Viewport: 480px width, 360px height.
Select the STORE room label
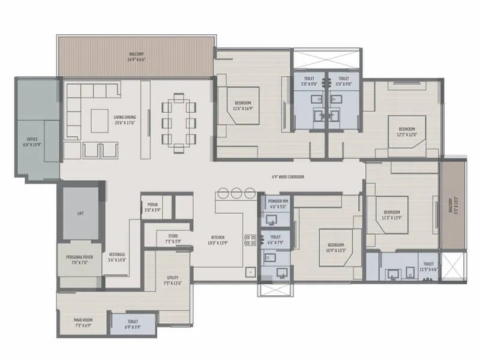click(173, 238)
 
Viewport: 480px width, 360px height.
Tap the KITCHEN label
click(217, 240)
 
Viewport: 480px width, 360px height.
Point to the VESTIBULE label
click(117, 257)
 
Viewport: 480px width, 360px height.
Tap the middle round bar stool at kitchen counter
click(236, 193)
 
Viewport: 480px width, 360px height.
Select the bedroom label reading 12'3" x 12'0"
click(410, 131)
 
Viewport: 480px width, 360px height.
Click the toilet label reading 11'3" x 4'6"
click(428, 266)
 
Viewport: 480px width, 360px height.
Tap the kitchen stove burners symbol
click(250, 240)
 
